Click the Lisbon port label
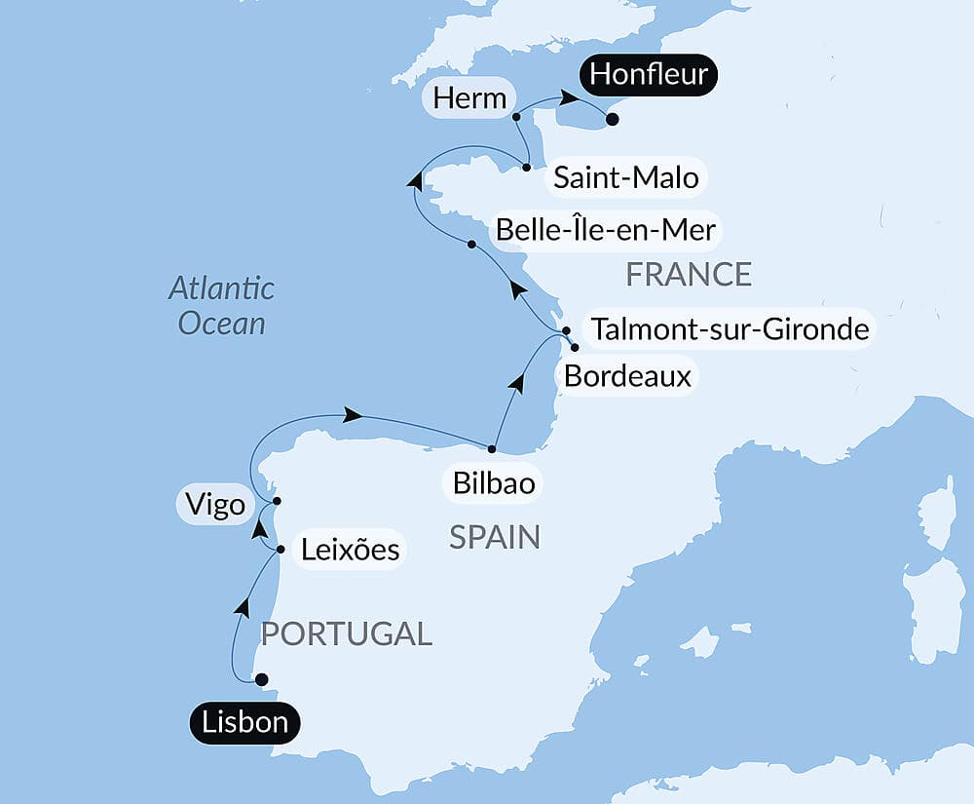click(x=244, y=723)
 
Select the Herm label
click(x=470, y=98)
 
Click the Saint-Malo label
click(x=625, y=178)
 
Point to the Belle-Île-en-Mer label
click(x=606, y=230)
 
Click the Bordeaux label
click(x=628, y=376)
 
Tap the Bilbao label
click(x=494, y=483)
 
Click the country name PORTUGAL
click(x=346, y=634)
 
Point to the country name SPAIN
click(x=495, y=537)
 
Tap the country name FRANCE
click(x=689, y=275)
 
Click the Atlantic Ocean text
click(x=221, y=305)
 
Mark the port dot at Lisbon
click(x=261, y=679)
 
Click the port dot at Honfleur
click(x=612, y=120)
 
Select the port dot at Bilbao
click(x=492, y=449)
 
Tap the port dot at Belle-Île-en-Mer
click(x=471, y=244)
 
